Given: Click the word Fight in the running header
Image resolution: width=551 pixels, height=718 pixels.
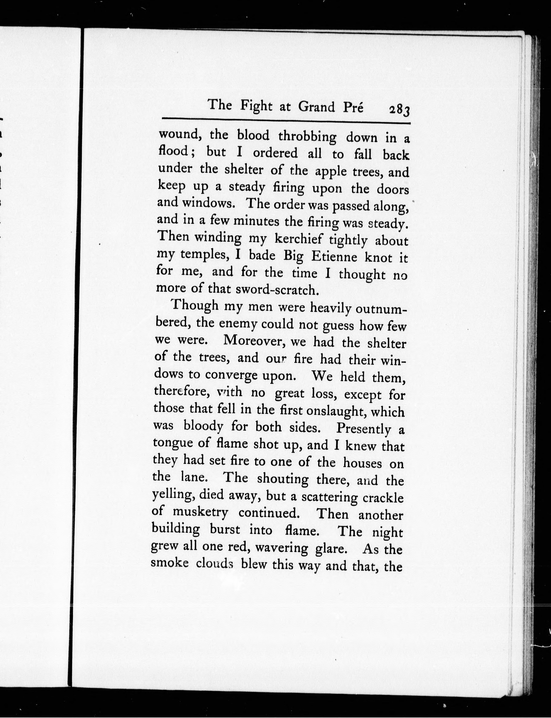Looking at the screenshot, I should point(256,106).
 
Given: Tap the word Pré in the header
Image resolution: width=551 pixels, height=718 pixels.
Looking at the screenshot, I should point(353,107).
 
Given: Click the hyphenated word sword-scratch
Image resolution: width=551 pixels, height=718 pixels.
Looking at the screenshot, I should point(277,290).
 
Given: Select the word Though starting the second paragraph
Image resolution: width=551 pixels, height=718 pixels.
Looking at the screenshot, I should point(195,306).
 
